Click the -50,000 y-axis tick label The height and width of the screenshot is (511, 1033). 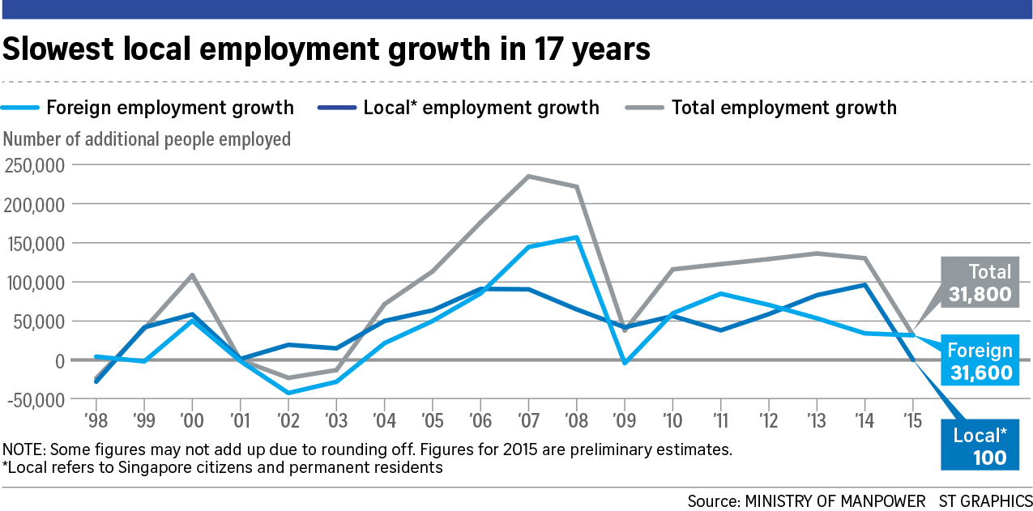37,400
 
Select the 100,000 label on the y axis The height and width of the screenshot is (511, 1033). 37,283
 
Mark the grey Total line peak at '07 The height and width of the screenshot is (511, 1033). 528,176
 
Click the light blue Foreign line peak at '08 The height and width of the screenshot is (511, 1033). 576,237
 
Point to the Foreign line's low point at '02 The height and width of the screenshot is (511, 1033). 288,393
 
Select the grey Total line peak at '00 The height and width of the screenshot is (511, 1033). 192,275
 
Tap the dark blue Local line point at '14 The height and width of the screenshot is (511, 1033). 865,284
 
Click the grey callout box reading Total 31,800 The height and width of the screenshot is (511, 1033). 979,283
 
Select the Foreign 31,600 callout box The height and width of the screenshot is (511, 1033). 979,361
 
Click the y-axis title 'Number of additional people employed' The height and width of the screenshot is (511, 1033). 147,139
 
